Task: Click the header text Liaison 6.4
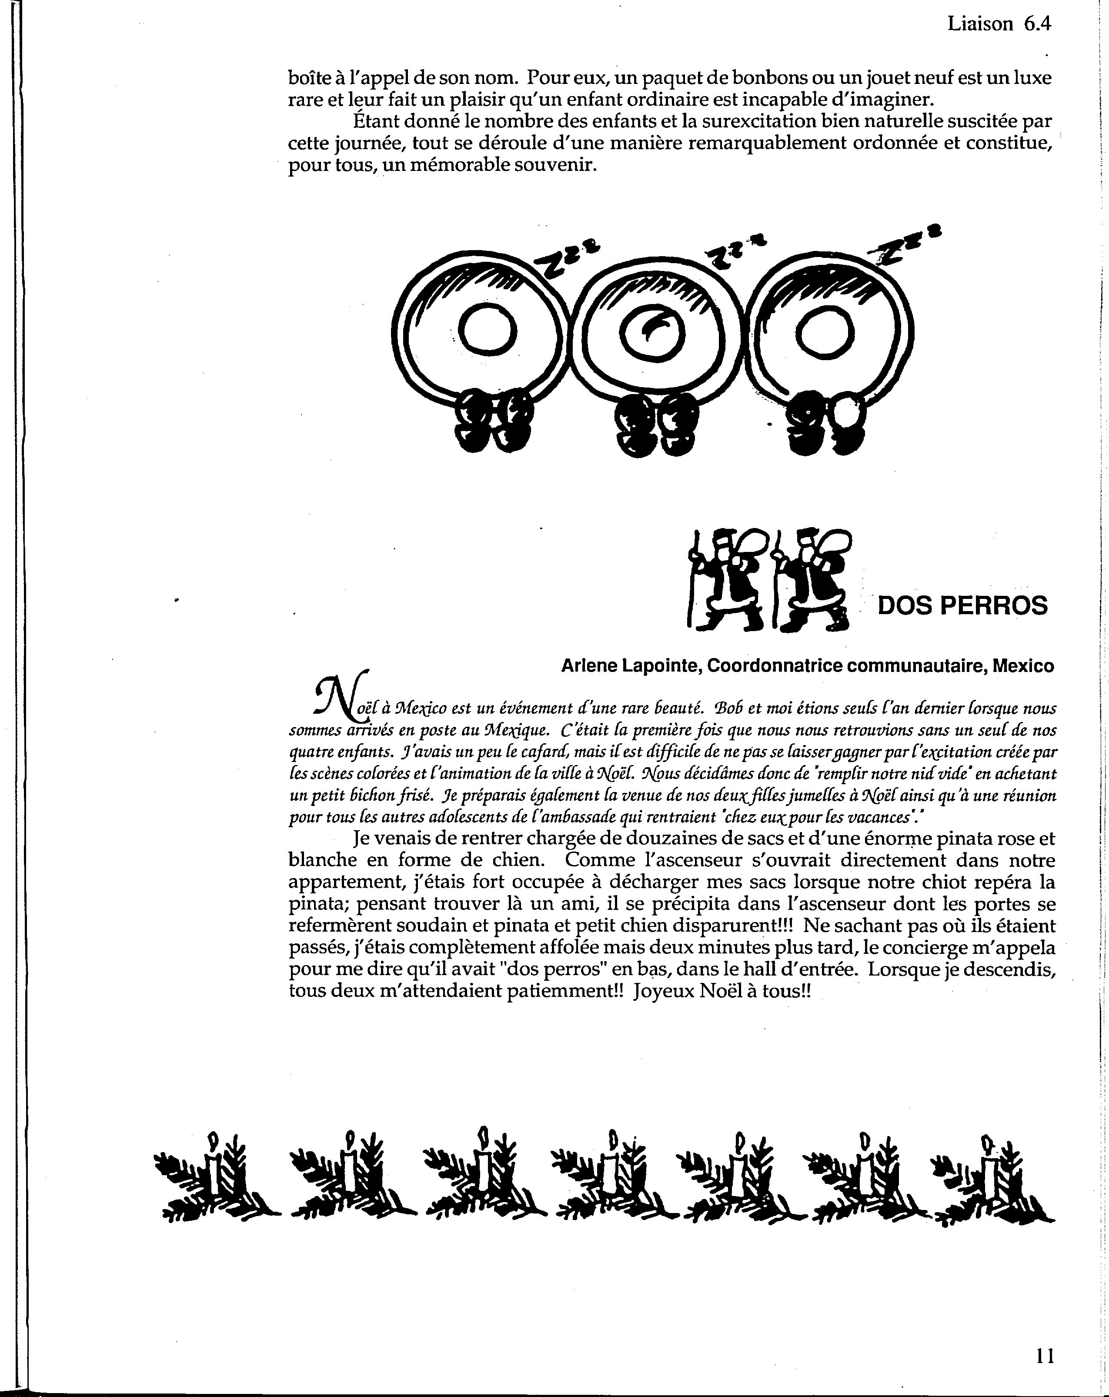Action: click(x=998, y=24)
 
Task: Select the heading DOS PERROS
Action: click(x=962, y=605)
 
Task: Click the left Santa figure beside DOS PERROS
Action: click(x=728, y=579)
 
